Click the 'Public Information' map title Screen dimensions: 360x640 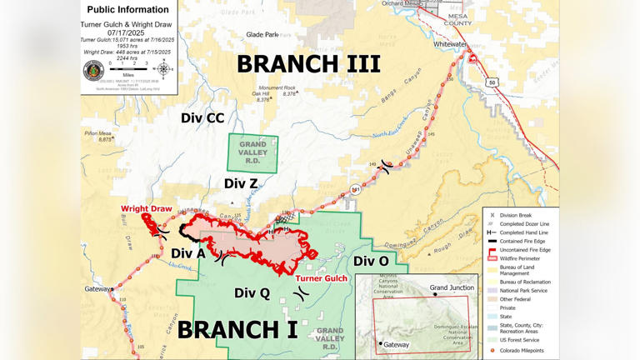[127, 10]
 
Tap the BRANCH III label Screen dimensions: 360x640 [308, 63]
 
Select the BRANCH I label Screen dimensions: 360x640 [237, 329]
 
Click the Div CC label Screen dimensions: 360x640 [202, 118]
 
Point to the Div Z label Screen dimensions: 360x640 [240, 183]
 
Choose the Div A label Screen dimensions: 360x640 [187, 253]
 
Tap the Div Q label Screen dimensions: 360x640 [252, 292]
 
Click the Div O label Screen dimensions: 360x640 [371, 262]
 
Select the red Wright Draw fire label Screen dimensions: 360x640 [146, 209]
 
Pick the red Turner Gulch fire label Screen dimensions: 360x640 [321, 278]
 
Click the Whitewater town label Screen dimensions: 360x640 [450, 44]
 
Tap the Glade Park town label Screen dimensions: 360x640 [262, 35]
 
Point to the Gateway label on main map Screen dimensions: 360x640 [97, 289]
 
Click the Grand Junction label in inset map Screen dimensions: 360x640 [452, 287]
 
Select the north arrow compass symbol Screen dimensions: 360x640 [163, 68]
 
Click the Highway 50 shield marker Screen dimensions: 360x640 [492, 82]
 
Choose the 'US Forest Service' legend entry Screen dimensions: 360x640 [518, 340]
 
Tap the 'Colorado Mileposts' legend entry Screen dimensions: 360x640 [523, 351]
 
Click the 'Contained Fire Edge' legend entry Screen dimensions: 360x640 [522, 241]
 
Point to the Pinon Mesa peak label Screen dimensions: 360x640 [97, 133]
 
